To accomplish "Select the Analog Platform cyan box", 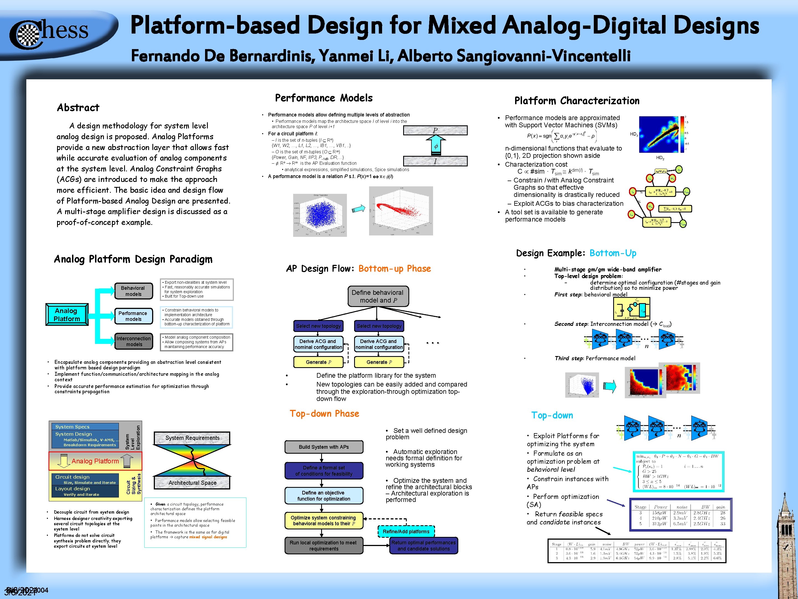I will click(67, 314).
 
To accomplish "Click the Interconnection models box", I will click(134, 341).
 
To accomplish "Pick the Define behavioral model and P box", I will click(378, 296).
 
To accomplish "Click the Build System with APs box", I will click(324, 447).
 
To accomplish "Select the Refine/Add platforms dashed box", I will click(406, 532).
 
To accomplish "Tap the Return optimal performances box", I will click(424, 545).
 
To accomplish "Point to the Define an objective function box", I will click(324, 496).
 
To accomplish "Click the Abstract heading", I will click(78, 108).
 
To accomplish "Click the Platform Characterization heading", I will click(577, 101).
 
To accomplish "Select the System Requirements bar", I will click(192, 438).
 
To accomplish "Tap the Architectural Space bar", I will click(192, 483).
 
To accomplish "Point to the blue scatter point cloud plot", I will click(320, 215).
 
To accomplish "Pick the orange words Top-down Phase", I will click(324, 414).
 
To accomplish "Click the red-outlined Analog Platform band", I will click(95, 461).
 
